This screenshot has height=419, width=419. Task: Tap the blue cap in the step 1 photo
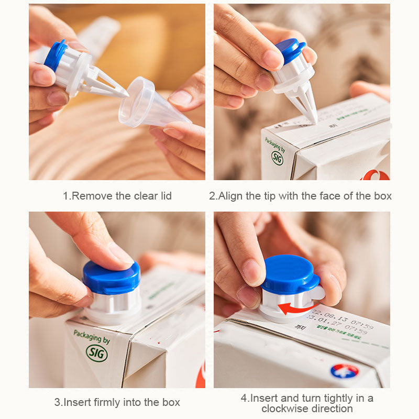pyautogui.click(x=54, y=56)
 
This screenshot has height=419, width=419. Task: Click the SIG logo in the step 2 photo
pyautogui.click(x=277, y=158)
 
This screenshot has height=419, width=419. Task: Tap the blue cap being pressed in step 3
pyautogui.click(x=111, y=278)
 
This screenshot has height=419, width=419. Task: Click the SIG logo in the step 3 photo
pyautogui.click(x=97, y=352)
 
